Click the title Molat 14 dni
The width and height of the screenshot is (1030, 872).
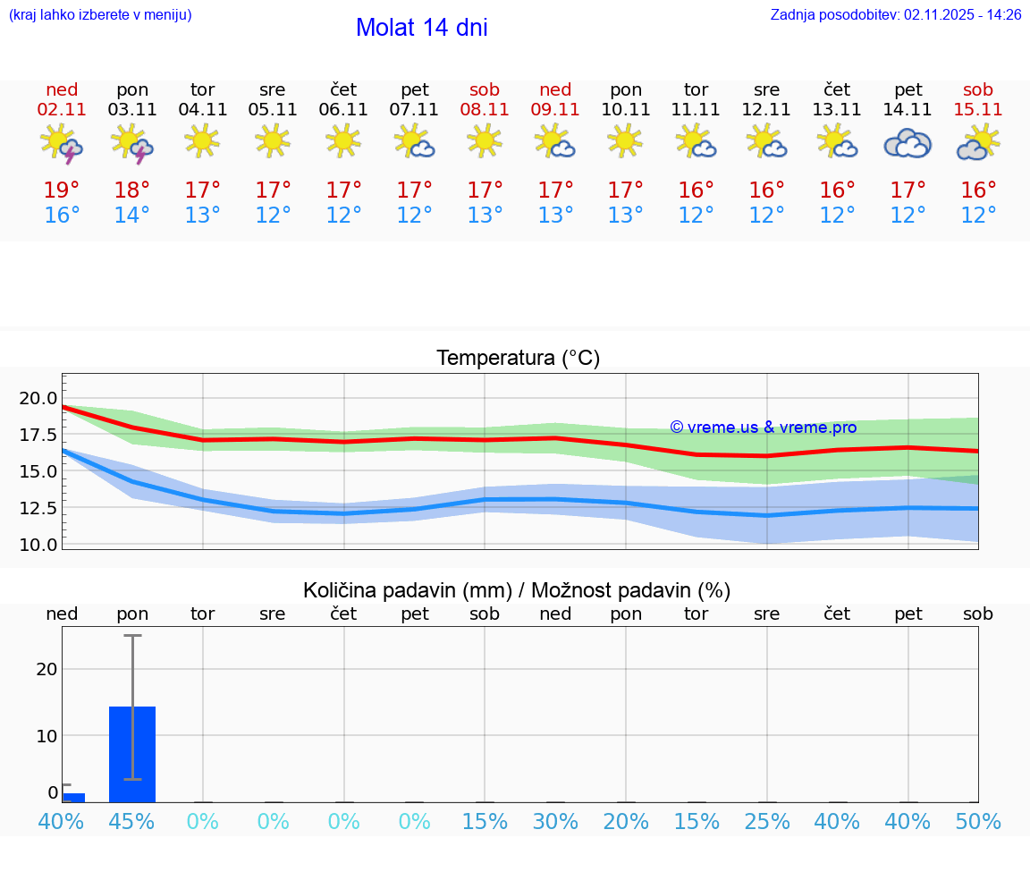click(x=421, y=28)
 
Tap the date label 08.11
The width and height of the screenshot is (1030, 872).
click(x=485, y=110)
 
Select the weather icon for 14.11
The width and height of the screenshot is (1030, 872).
click(x=908, y=143)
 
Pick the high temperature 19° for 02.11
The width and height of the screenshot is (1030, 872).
click(x=62, y=190)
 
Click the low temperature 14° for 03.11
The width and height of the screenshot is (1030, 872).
click(x=132, y=216)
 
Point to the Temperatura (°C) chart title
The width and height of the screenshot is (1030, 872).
click(x=518, y=359)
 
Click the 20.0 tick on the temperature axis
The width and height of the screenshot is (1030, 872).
click(x=39, y=398)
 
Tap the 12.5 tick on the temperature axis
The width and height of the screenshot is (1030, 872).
click(x=39, y=508)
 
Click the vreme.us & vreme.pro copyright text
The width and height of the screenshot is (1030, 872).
click(x=763, y=428)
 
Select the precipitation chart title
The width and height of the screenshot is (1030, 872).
click(x=517, y=590)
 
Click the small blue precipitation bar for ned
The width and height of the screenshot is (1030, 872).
click(x=73, y=797)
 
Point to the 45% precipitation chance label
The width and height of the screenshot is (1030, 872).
click(x=132, y=822)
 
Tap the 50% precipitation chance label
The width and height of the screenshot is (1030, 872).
click(x=978, y=822)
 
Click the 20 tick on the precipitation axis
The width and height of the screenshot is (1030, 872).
click(x=47, y=669)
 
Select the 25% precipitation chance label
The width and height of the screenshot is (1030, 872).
click(x=766, y=822)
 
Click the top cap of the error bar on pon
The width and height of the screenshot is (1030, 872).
click(x=132, y=635)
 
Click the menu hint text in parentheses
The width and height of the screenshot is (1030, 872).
click(x=100, y=15)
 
